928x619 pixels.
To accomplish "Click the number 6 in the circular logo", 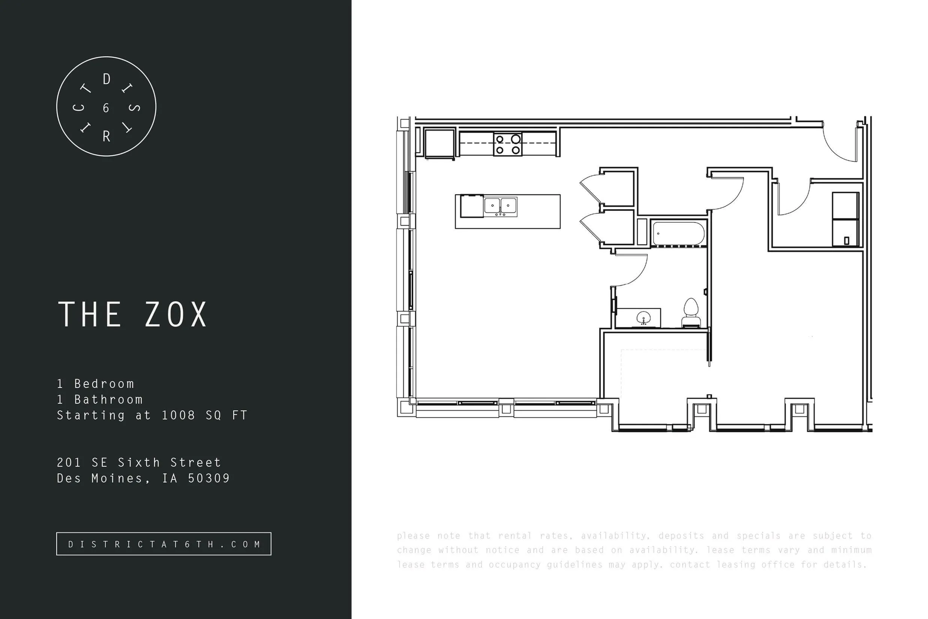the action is click(x=106, y=108).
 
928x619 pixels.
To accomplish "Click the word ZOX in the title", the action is click(x=176, y=315).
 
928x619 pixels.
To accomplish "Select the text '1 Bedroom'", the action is click(x=96, y=384).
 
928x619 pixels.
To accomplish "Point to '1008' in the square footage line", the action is click(x=178, y=415).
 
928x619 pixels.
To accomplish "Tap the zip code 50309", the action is click(x=209, y=478).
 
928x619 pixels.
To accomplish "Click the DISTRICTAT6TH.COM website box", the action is click(x=164, y=544).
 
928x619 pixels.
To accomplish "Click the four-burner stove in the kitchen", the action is click(x=508, y=144).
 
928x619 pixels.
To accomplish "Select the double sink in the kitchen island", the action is click(x=500, y=206).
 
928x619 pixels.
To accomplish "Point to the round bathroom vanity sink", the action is click(x=644, y=318).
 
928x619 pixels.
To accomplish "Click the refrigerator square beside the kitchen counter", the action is click(x=439, y=144).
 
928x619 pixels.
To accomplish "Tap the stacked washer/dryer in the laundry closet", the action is click(x=846, y=219).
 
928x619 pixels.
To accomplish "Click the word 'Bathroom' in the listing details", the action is click(x=108, y=400).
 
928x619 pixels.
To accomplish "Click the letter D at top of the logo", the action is click(x=106, y=80).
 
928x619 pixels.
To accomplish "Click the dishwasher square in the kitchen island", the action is click(x=472, y=206).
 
